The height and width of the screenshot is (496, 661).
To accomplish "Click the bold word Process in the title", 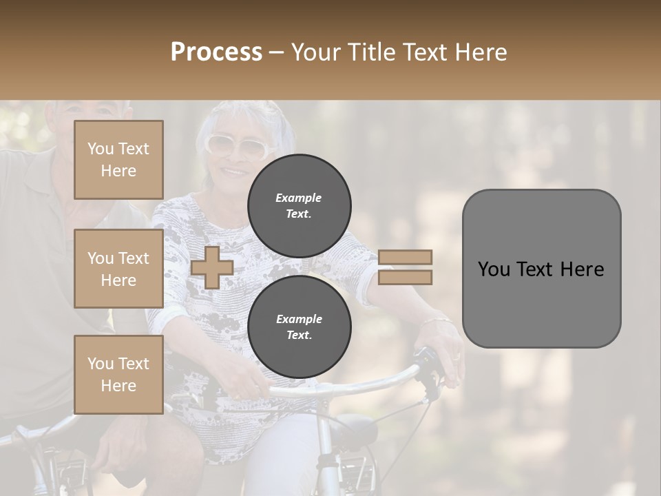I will pos(216,52).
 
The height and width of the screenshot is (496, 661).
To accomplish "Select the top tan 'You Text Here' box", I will pos(118,160).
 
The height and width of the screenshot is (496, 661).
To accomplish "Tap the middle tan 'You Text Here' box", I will pos(118,269).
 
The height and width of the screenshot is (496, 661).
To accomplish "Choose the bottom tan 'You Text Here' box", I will pos(118,374).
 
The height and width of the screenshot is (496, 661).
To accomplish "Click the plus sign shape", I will pos(212,267).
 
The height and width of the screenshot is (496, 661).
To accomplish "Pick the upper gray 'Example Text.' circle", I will pos(299,205).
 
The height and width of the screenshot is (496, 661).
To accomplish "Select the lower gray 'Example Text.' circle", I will pos(299,327).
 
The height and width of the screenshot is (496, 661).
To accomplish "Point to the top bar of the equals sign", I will pos(405,257).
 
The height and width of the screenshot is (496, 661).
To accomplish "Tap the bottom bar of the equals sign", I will pos(405,277).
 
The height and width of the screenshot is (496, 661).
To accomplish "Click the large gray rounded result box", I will pos(541,269).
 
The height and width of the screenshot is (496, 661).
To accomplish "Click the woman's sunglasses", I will pos(236,145).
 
